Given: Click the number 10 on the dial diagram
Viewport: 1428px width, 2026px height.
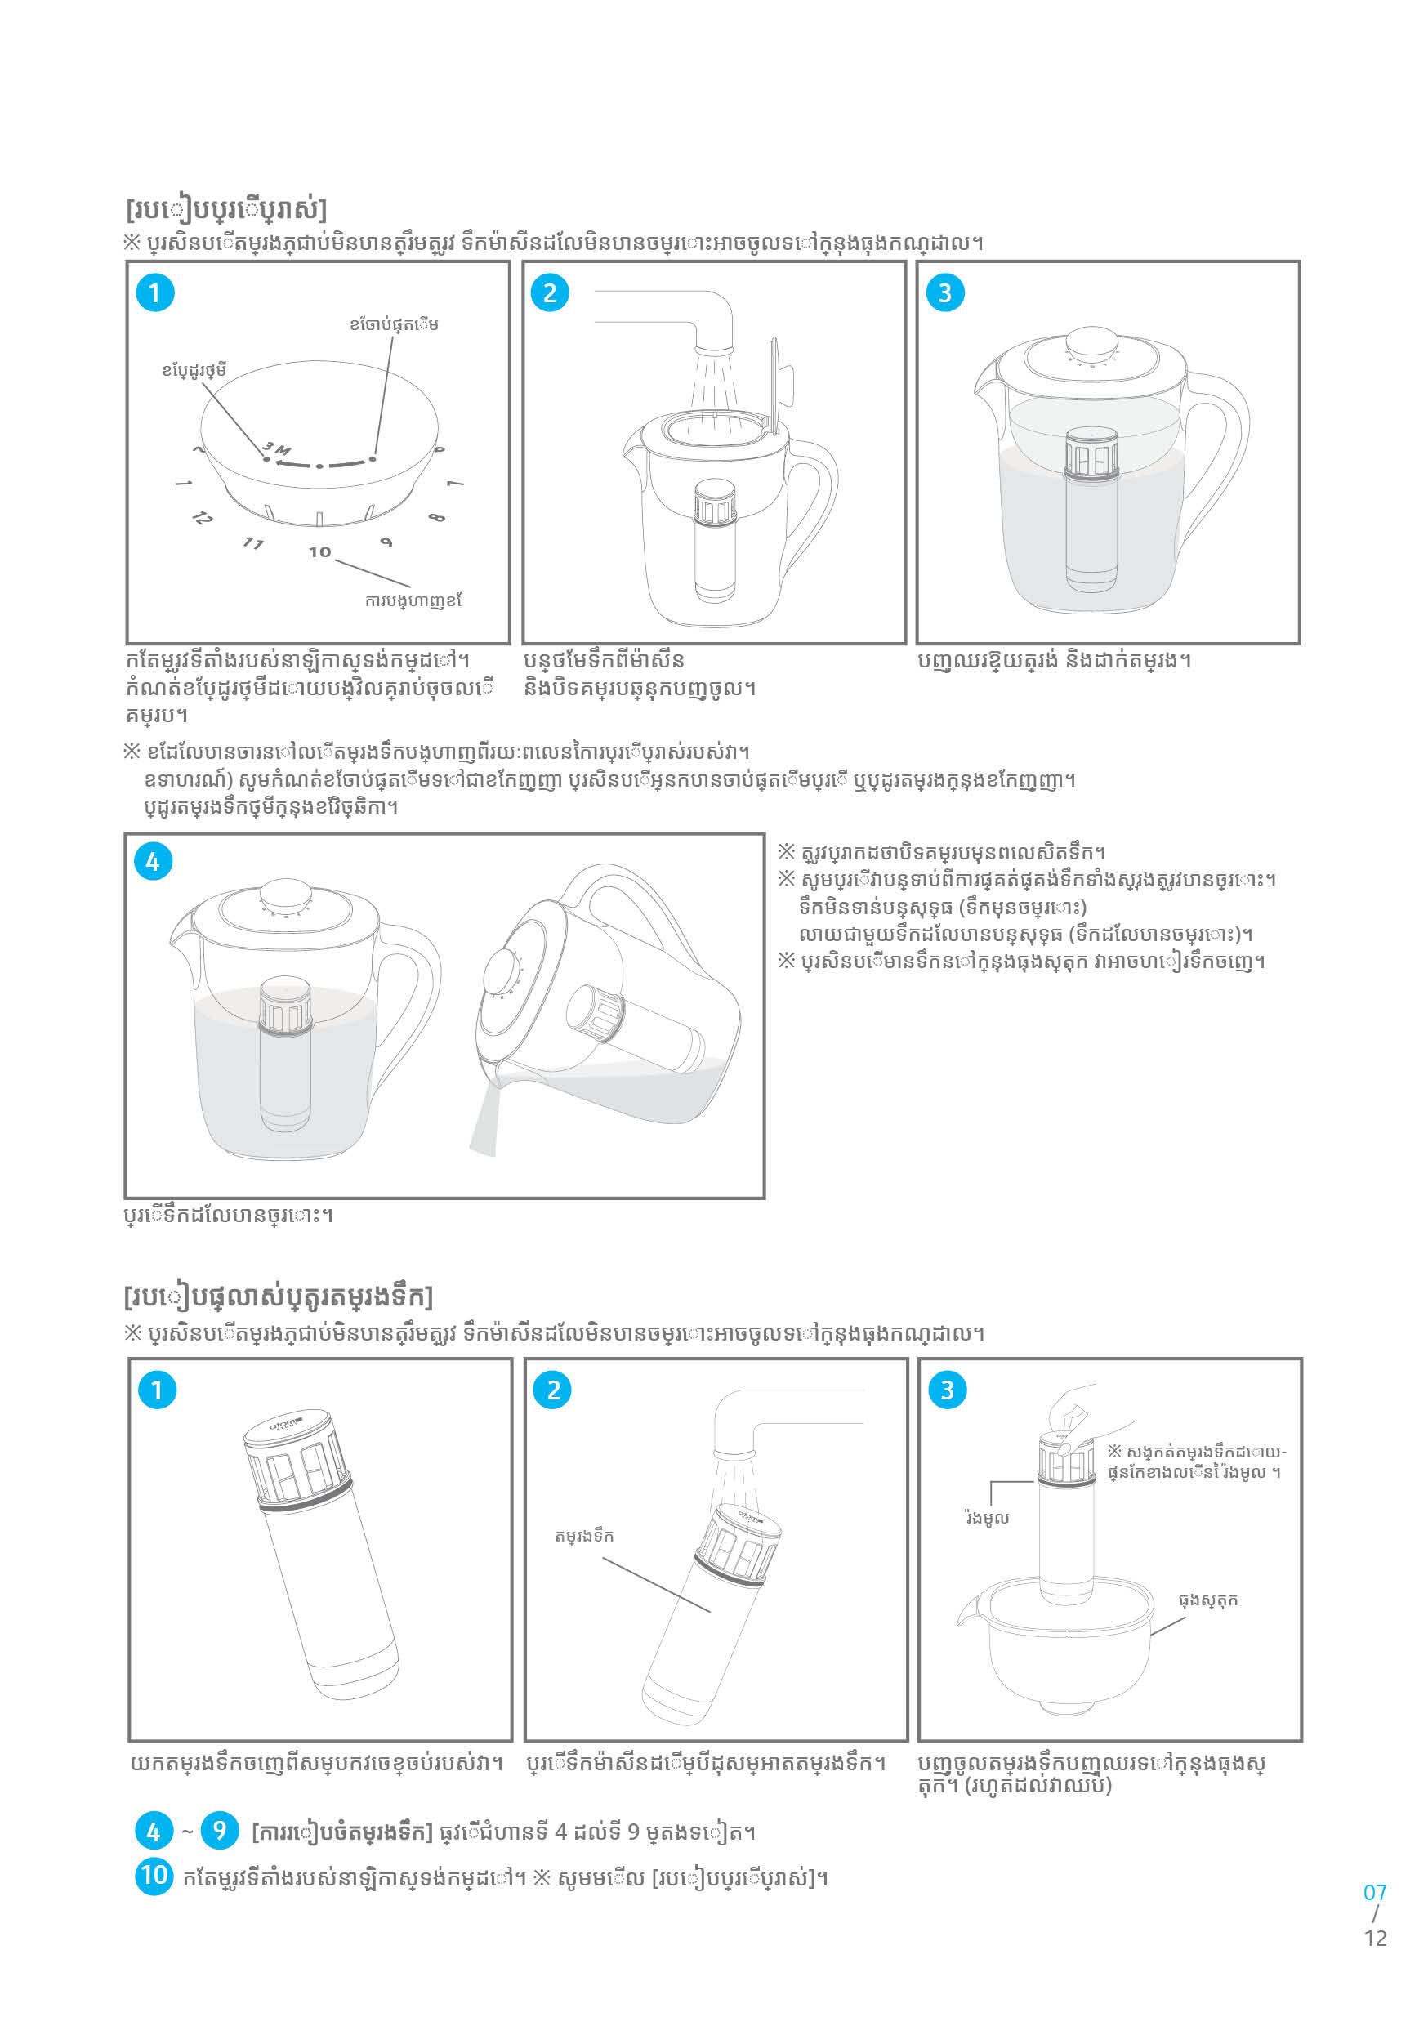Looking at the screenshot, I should pyautogui.click(x=319, y=551).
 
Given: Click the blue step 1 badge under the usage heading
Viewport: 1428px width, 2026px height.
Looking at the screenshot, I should pyautogui.click(x=154, y=293).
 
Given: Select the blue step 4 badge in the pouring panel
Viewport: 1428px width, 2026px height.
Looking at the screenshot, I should pyautogui.click(x=153, y=861).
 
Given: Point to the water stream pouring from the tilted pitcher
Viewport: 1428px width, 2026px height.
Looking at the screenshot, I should pyautogui.click(x=484, y=1121).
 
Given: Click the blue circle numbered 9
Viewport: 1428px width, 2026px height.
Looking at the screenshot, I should pyautogui.click(x=220, y=1831).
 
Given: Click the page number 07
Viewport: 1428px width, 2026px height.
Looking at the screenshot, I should pyautogui.click(x=1374, y=1892).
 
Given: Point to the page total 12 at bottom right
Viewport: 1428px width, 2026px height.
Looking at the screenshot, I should pyautogui.click(x=1375, y=1938).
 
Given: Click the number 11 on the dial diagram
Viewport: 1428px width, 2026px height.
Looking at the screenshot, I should pyautogui.click(x=253, y=542).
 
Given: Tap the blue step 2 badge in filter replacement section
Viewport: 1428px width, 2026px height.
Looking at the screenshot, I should pyautogui.click(x=552, y=1390).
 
